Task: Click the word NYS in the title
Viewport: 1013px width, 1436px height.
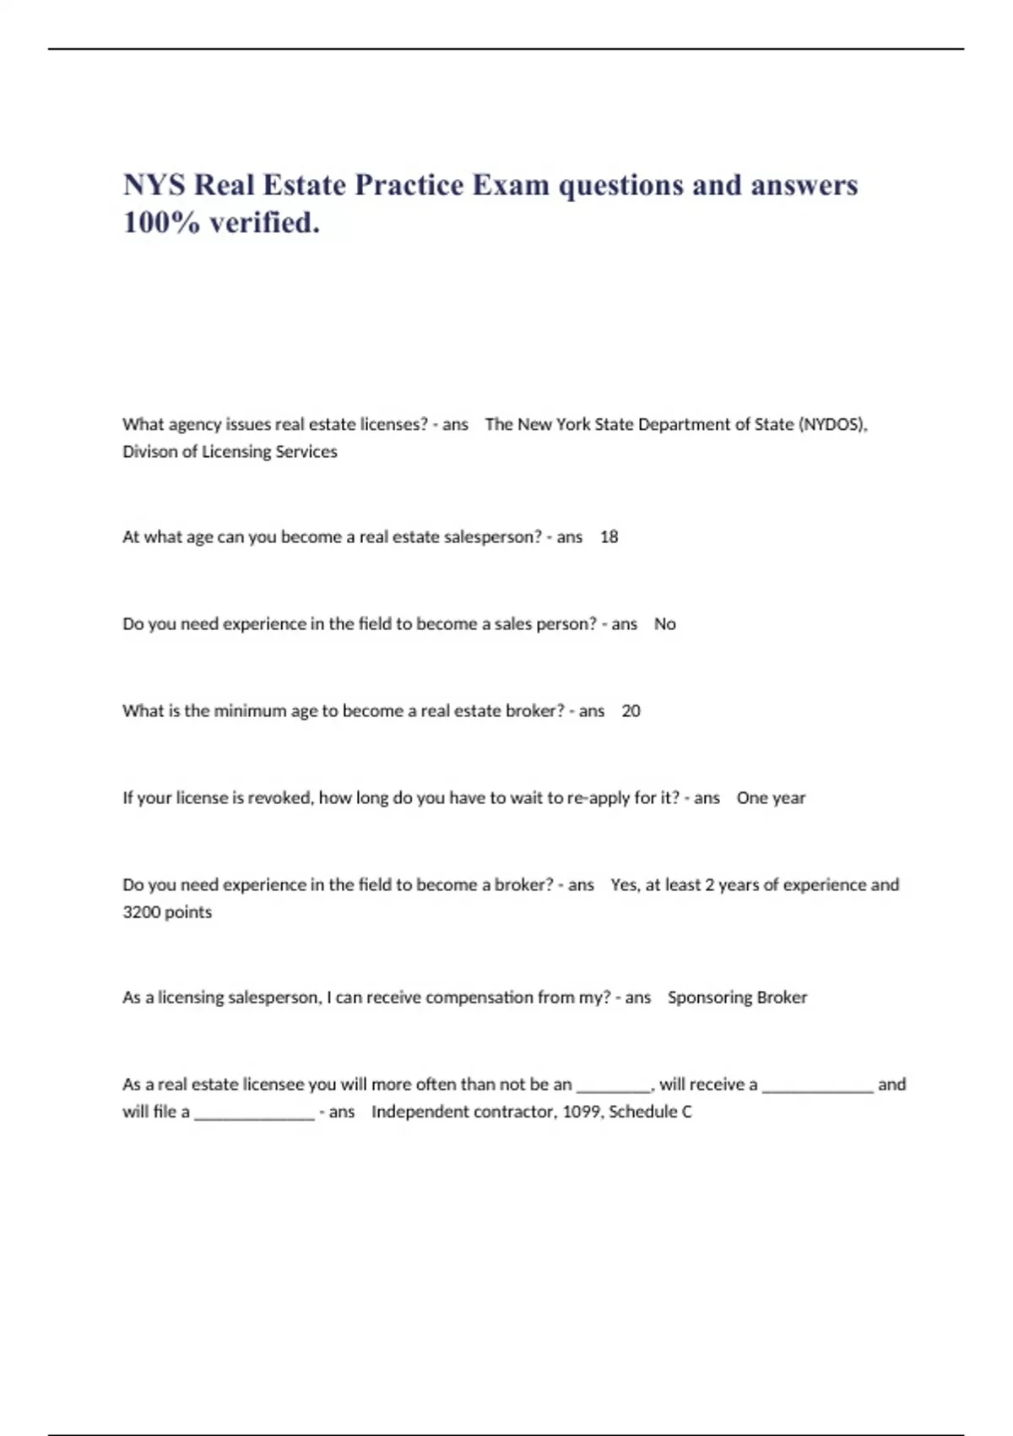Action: pos(154,185)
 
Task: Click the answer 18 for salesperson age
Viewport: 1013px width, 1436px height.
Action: pos(609,536)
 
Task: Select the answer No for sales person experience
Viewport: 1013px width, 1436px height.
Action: pos(664,623)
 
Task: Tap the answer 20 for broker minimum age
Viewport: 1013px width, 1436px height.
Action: pos(631,710)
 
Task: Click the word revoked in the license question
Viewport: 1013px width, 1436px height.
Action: pos(279,797)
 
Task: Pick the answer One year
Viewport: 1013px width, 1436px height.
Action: pos(771,797)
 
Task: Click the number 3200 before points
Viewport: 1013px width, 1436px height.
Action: pos(141,911)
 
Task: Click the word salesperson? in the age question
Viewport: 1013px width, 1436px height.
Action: pos(492,536)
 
